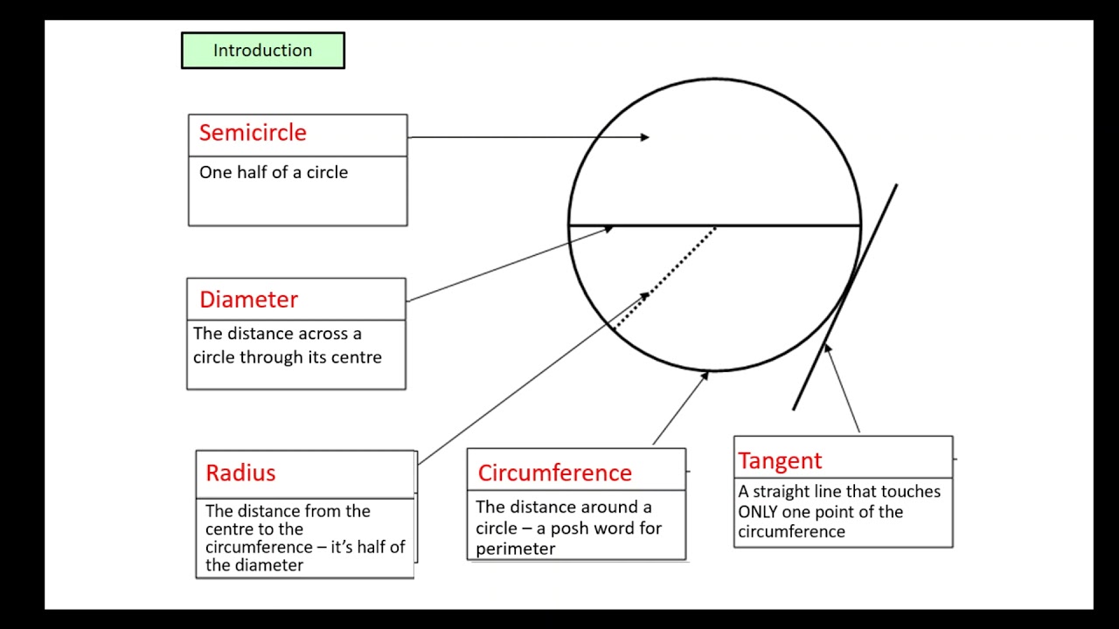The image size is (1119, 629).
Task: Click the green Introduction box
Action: pos(262,51)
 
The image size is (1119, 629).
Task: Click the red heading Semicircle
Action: pos(253,133)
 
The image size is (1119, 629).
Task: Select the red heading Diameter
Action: pos(248,300)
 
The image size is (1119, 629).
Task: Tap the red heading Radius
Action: pos(240,473)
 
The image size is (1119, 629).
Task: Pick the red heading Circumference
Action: pos(554,473)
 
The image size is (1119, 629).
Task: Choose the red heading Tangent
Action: pos(780,460)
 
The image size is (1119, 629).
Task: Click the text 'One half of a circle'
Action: pos(274,172)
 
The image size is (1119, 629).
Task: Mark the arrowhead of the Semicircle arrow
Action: pos(645,137)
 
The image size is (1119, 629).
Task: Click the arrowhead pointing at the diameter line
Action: pos(608,229)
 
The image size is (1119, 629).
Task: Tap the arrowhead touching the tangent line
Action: pos(827,349)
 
